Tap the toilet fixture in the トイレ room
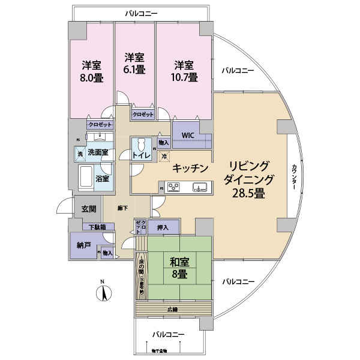140,145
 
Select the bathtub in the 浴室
86,178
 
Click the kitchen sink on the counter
200,187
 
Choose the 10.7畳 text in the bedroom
184,77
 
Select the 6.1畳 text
134,70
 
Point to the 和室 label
179,262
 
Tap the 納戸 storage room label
83,245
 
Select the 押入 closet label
163,227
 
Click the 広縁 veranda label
173,310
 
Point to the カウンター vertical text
294,177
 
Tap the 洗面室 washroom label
98,152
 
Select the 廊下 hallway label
123,208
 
